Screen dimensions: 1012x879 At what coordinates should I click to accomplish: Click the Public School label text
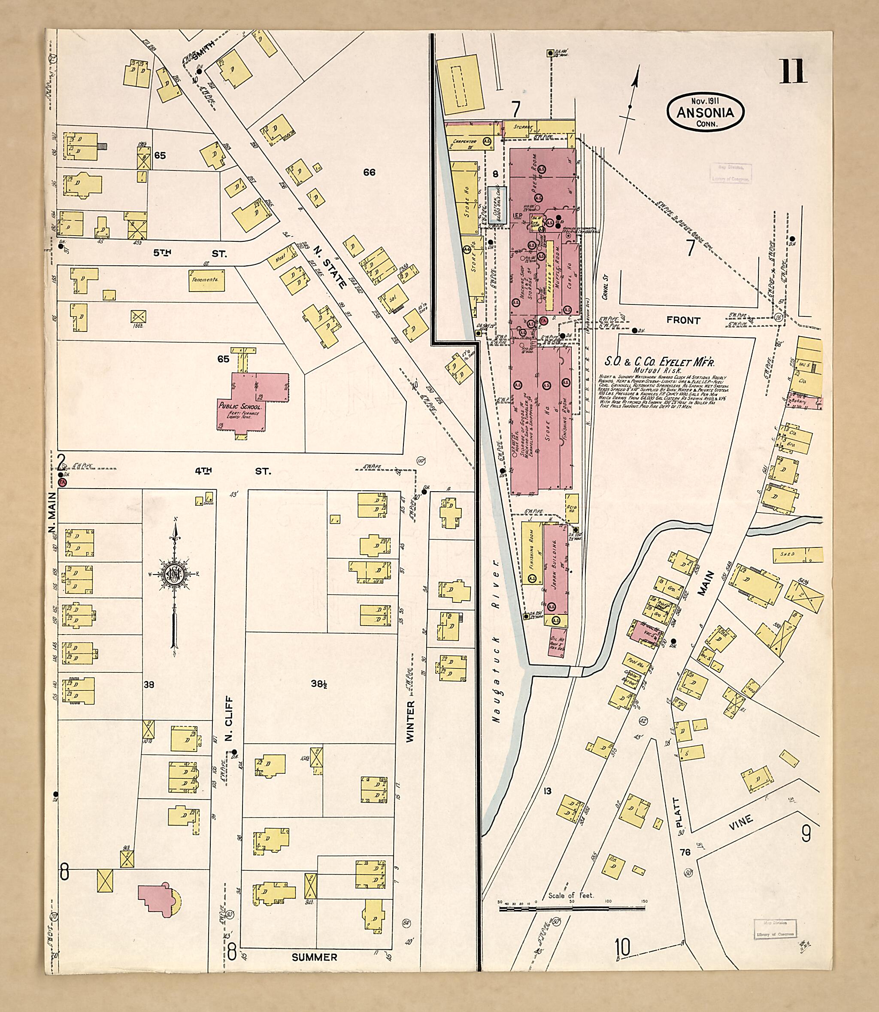click(240, 407)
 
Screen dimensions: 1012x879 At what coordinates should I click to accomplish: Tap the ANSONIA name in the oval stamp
click(705, 113)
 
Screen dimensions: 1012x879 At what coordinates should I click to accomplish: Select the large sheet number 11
click(794, 72)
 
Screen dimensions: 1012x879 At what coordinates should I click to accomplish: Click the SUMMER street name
click(315, 957)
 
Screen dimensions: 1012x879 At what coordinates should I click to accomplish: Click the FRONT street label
click(683, 320)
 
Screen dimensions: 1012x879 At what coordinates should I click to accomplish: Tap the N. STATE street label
click(322, 259)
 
